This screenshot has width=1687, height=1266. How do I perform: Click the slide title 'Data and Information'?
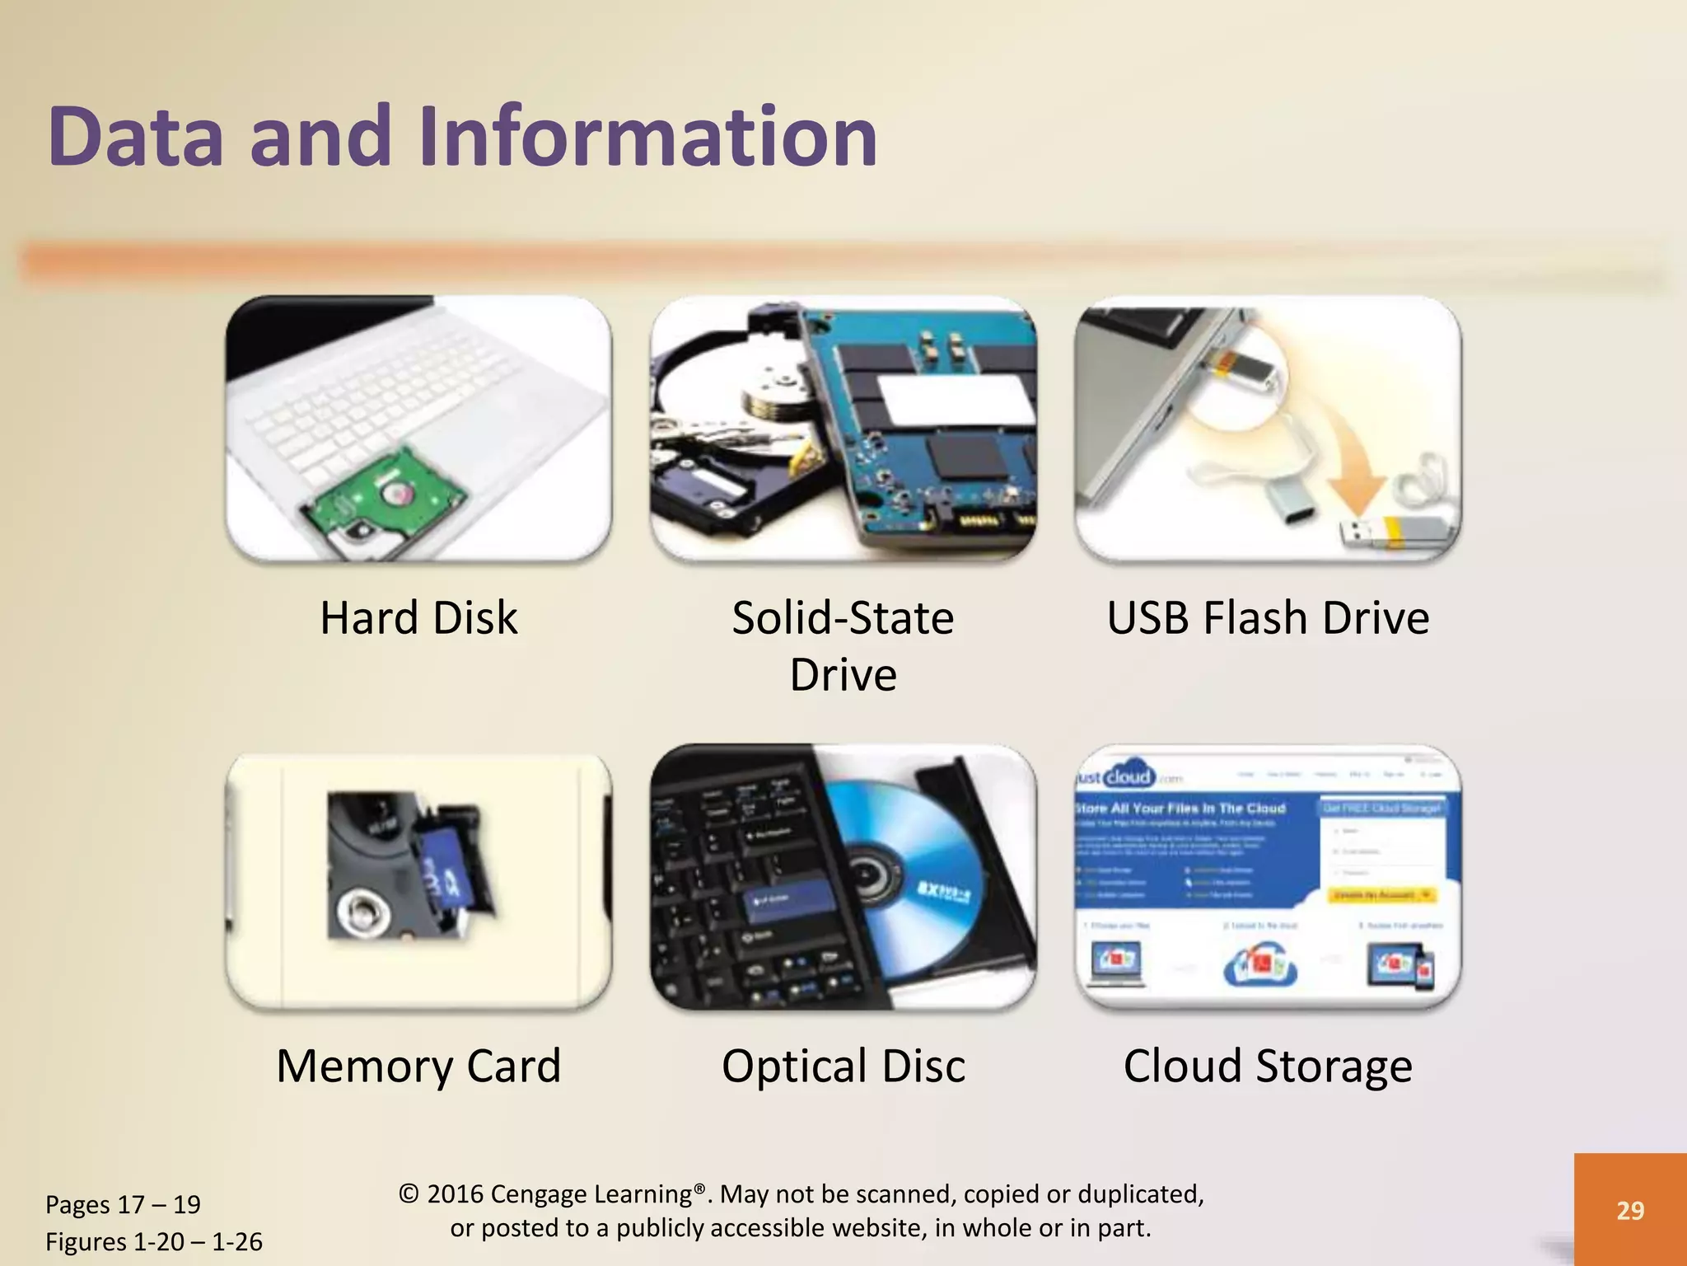pyautogui.click(x=462, y=136)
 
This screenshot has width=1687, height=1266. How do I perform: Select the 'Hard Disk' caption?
pyautogui.click(x=418, y=617)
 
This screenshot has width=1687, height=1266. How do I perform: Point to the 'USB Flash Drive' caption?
pyautogui.click(x=1268, y=617)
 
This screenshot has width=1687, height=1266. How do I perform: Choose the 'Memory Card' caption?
pyautogui.click(x=418, y=1066)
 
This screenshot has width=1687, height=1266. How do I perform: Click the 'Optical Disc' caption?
pyautogui.click(x=843, y=1066)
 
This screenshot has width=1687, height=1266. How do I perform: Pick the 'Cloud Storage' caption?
pyautogui.click(x=1268, y=1066)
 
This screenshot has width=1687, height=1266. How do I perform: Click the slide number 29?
pyautogui.click(x=1630, y=1210)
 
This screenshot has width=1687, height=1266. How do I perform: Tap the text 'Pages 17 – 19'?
pyautogui.click(x=123, y=1204)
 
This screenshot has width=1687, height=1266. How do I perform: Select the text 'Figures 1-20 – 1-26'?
pyautogui.click(x=154, y=1241)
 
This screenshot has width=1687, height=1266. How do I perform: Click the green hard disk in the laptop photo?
pyautogui.click(x=387, y=495)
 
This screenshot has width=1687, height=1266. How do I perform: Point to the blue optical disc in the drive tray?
pyautogui.click(x=914, y=874)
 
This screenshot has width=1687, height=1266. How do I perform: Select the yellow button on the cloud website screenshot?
pyautogui.click(x=1385, y=894)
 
